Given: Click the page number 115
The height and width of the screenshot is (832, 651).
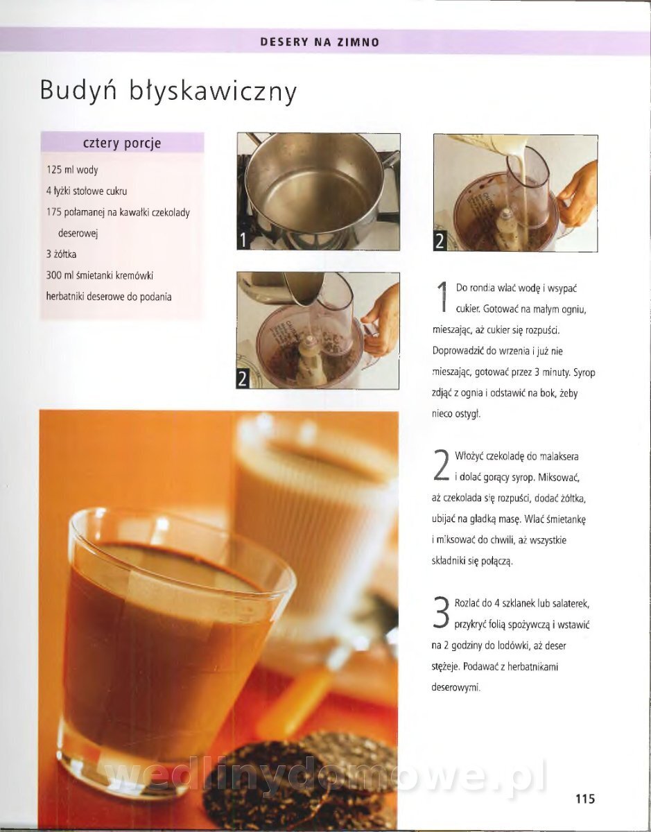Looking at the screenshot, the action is (x=585, y=798).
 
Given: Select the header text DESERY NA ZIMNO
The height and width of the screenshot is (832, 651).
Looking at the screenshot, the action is (x=320, y=42).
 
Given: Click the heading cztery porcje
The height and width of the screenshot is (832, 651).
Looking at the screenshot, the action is (x=122, y=144).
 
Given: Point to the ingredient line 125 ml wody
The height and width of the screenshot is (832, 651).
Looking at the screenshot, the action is (x=72, y=170).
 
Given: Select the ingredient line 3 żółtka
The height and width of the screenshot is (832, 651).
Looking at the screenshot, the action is (x=61, y=254).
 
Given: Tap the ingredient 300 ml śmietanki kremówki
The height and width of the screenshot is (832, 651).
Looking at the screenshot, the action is (x=100, y=275).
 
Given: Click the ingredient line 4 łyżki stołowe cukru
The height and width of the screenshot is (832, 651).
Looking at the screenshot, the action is (x=87, y=191).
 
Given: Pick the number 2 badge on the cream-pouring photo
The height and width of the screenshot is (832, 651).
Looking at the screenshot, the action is (x=440, y=241).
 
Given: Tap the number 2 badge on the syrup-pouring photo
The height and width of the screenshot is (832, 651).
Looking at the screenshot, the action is (x=243, y=379).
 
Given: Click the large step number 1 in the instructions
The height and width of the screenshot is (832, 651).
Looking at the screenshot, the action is (x=443, y=297).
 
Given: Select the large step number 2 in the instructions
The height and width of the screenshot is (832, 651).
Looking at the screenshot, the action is (x=441, y=465).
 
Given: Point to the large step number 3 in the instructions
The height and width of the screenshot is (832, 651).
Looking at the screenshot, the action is (x=440, y=613).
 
